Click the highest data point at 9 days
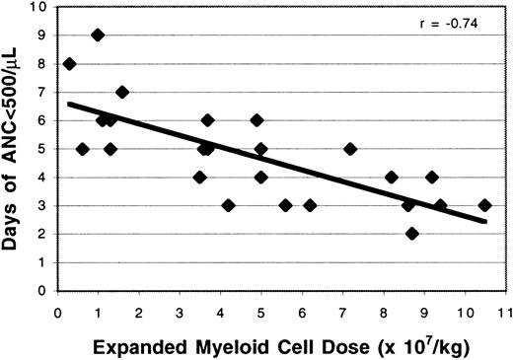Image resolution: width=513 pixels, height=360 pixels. pyautogui.click(x=98, y=35)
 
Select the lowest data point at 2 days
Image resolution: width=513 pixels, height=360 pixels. pyautogui.click(x=411, y=234)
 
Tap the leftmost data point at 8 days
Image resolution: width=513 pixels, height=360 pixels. pyautogui.click(x=69, y=63)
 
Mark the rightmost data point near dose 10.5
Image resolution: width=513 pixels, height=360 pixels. pyautogui.click(x=484, y=205)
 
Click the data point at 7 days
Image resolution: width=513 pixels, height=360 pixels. pyautogui.click(x=122, y=92)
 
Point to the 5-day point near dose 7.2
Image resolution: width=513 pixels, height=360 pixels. pyautogui.click(x=350, y=149)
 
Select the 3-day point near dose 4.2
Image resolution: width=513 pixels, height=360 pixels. pyautogui.click(x=229, y=205)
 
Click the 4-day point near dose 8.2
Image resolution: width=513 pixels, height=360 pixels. pyautogui.click(x=391, y=178)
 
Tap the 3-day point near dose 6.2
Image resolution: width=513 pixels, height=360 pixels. pyautogui.click(x=310, y=205)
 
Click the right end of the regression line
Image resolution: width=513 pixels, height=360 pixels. pyautogui.click(x=486, y=222)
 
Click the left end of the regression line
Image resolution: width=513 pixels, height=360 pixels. pyautogui.click(x=67, y=103)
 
